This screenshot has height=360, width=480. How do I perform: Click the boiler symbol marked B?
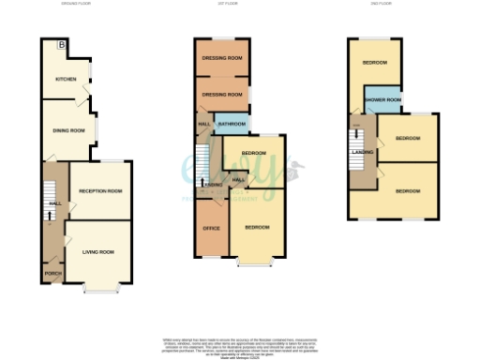63,45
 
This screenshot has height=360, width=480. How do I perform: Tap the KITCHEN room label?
65,79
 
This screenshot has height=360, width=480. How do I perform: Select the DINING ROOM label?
68,130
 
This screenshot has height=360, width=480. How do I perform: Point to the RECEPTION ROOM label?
100,191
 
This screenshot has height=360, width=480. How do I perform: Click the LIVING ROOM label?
97,251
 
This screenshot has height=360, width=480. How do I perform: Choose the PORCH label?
51,274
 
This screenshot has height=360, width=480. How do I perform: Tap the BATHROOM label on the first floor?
232,124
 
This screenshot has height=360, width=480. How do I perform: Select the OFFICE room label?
211,226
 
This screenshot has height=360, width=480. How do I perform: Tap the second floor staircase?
356,165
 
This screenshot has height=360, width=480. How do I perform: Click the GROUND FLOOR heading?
72,4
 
